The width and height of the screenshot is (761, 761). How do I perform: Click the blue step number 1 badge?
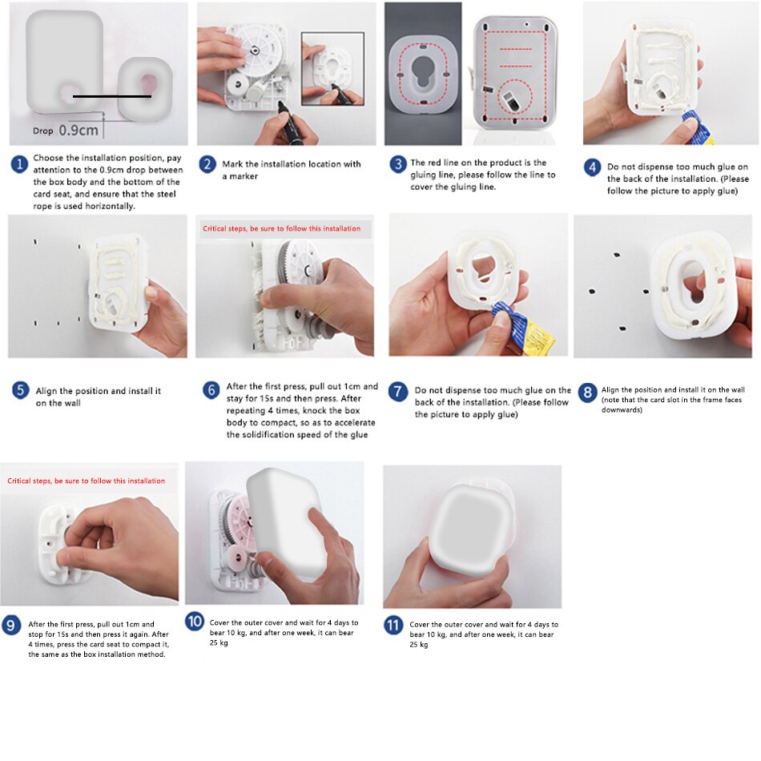coord(19,164)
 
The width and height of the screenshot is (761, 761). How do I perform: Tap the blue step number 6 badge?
coord(211,390)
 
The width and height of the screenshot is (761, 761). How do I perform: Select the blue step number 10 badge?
coord(195,622)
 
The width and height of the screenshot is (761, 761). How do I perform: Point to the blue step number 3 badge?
coord(398,164)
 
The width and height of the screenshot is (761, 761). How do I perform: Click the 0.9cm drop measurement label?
coord(79,130)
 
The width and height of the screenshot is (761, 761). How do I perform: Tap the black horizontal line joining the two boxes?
coord(112,97)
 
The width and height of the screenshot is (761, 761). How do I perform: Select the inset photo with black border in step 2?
coord(333,69)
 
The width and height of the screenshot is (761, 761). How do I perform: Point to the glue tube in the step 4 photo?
coord(698,128)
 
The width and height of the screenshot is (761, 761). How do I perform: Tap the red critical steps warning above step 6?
coord(281,228)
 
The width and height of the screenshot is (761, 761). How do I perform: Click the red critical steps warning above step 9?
coord(86,481)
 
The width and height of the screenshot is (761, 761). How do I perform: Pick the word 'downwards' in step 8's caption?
coord(621,409)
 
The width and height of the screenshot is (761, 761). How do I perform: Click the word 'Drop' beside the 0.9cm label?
coord(42,131)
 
